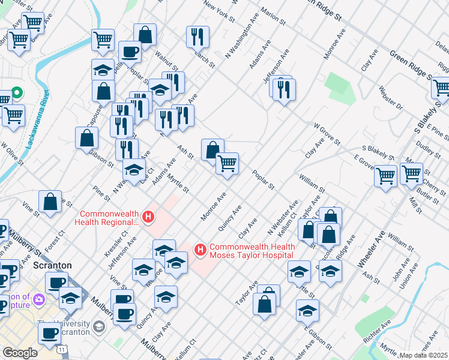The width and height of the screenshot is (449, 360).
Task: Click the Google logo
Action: click(x=20, y=353)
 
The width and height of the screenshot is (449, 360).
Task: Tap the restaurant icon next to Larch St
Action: click(x=197, y=37)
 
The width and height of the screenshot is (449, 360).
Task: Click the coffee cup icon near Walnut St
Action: click(x=129, y=52)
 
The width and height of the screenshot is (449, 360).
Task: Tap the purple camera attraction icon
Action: click(x=40, y=299)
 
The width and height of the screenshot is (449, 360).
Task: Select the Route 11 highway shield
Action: click(x=62, y=349)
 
